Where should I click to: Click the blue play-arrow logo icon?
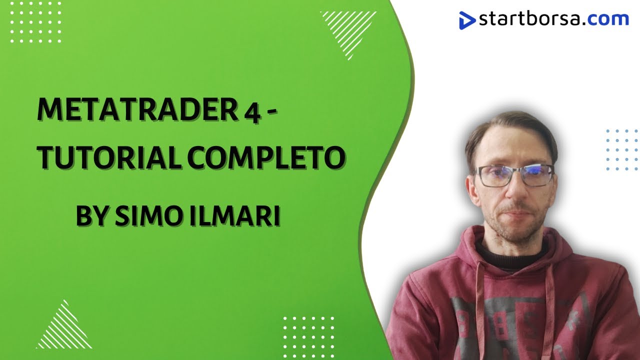point(467,20)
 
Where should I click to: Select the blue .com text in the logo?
point(607,19)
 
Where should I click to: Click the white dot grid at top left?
point(35,22)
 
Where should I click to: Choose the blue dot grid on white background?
point(621,149)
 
